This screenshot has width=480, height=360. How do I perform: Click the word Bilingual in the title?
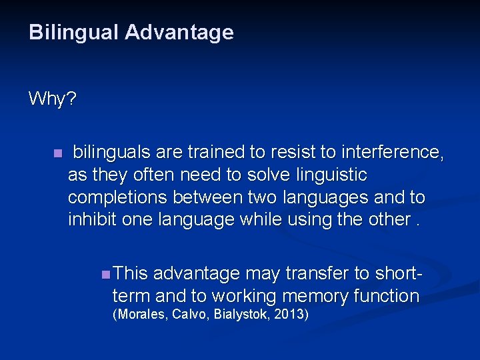point(74,33)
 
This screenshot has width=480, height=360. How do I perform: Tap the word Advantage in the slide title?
point(179,33)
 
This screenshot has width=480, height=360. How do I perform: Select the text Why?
point(53,100)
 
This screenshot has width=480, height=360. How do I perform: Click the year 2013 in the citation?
point(291,314)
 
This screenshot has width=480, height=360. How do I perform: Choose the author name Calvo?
point(191,314)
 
